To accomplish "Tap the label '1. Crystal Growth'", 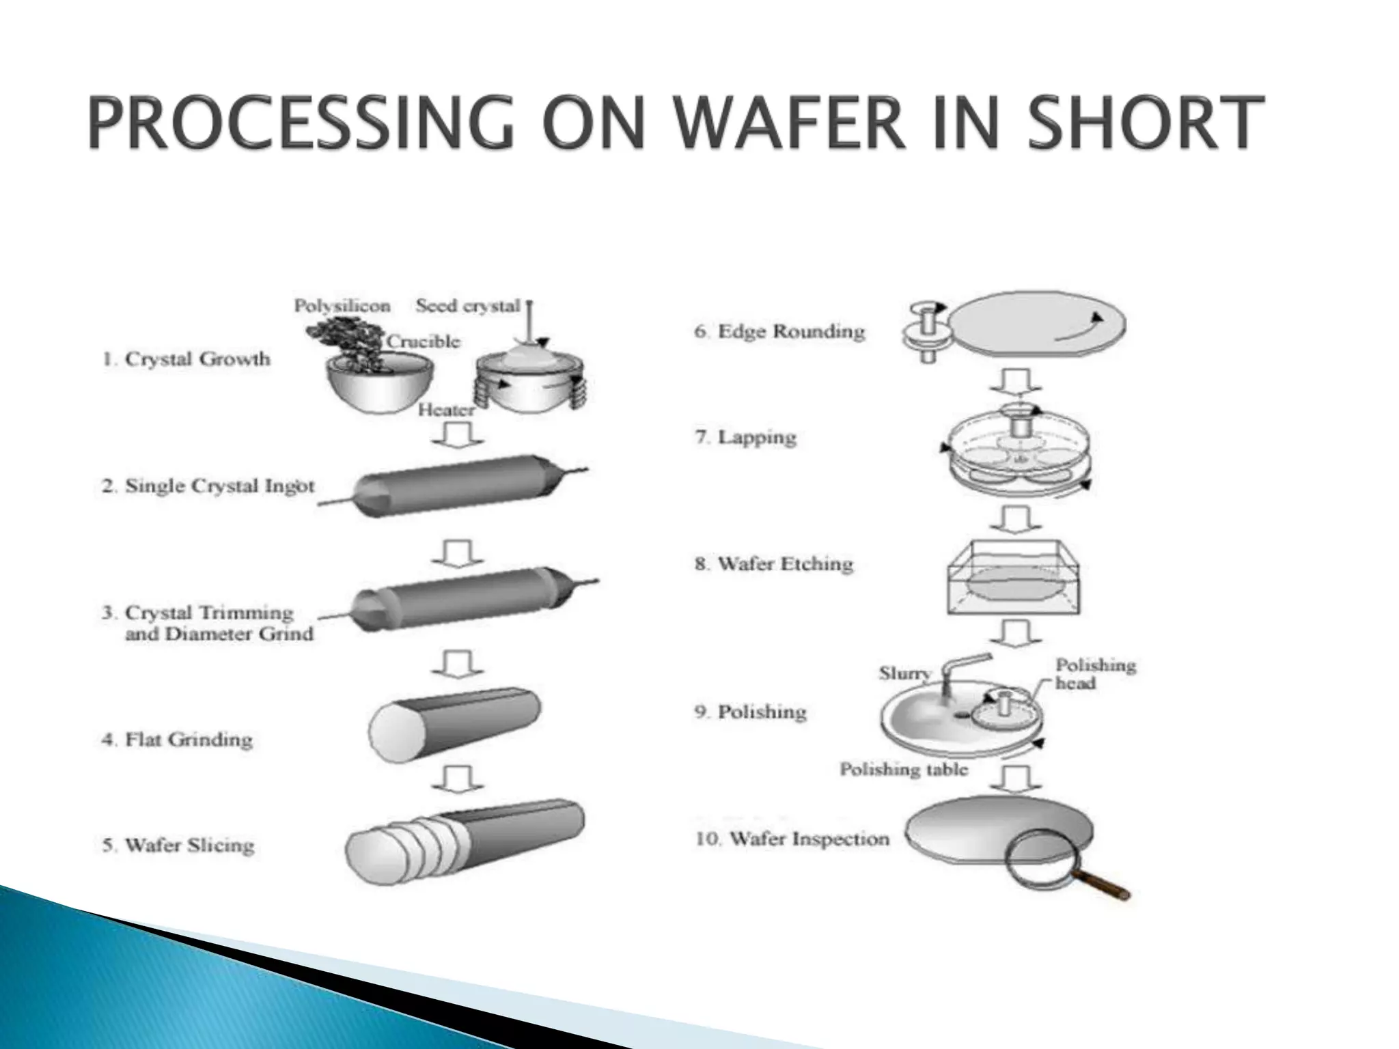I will (x=186, y=359).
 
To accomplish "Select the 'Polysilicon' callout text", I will (x=342, y=305).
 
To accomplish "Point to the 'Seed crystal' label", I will (x=468, y=305).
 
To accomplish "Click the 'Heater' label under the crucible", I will (x=446, y=410).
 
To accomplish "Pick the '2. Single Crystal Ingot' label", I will (x=208, y=486).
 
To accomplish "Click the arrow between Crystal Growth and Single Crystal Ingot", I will (x=458, y=434).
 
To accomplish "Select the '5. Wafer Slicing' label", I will (x=178, y=845).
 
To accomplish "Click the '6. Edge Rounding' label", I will (x=779, y=332).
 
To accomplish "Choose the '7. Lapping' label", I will (x=745, y=437).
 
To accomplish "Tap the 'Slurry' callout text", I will (x=904, y=673).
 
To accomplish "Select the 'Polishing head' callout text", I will (x=1095, y=674).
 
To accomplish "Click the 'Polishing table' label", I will (x=904, y=770).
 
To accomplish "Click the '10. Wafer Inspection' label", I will (x=792, y=839).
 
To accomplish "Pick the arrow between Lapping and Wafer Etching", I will (x=1016, y=518).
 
